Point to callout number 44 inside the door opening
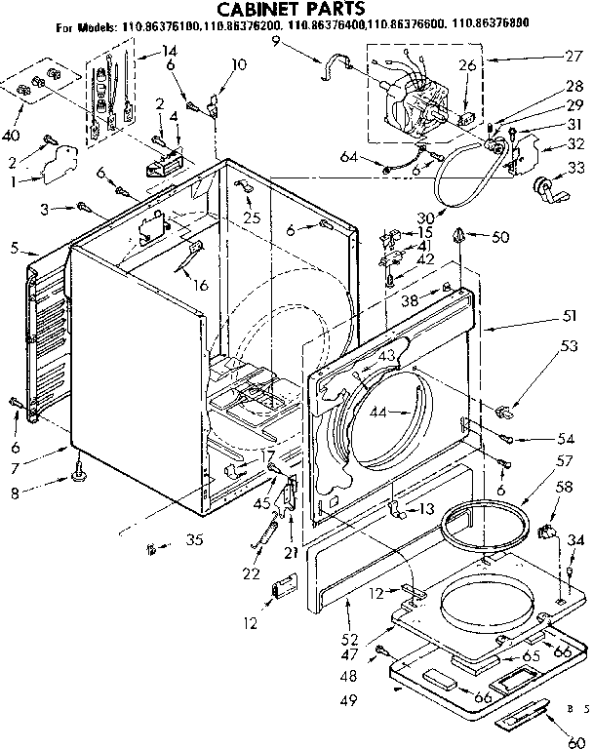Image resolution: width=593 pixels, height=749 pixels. (378, 413)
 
